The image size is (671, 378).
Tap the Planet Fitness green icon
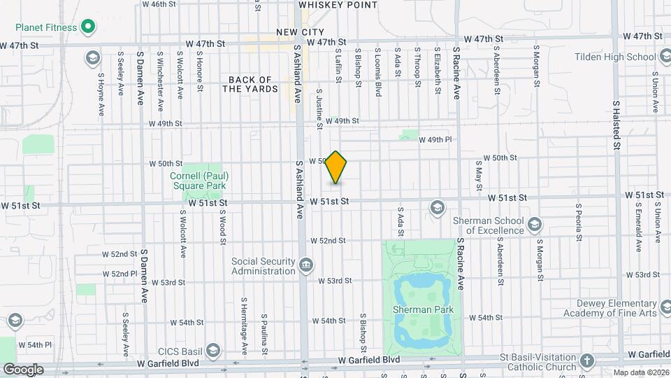(88, 27)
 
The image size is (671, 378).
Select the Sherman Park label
(423, 309)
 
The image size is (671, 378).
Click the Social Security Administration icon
(305, 265)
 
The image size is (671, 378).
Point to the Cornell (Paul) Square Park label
(199, 181)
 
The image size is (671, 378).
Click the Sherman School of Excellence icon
(535, 224)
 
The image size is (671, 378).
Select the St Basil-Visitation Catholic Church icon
(587, 360)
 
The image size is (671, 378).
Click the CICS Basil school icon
(214, 351)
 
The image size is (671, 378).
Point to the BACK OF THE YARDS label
(250, 85)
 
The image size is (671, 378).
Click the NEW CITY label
(300, 32)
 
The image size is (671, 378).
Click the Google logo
(22, 370)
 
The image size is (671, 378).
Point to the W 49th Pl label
(435, 140)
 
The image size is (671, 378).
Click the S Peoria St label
(579, 222)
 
